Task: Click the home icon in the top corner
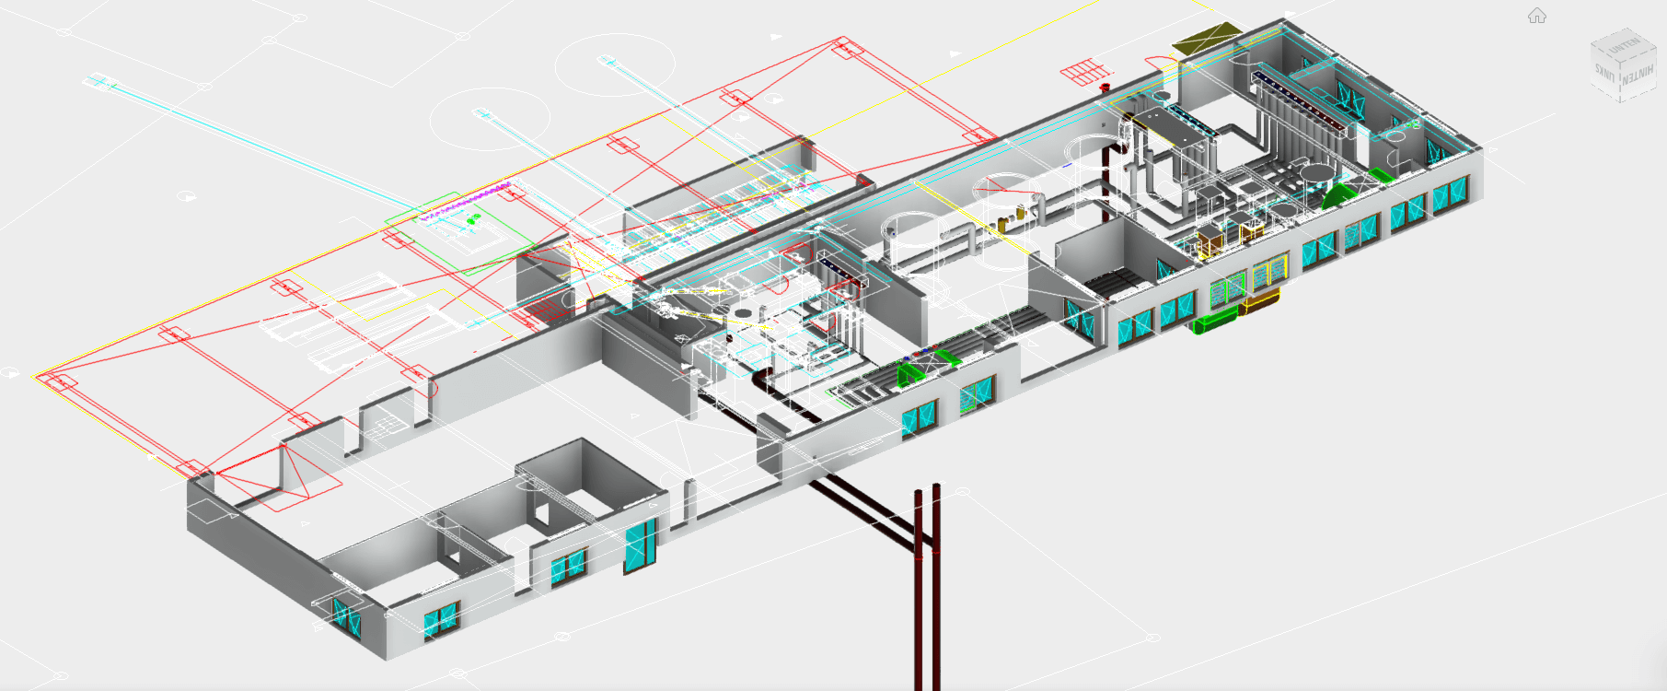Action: pyautogui.click(x=1536, y=16)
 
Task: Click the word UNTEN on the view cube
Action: pyautogui.click(x=1623, y=44)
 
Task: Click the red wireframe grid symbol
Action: pyautogui.click(x=1082, y=71)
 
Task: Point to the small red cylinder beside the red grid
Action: pyautogui.click(x=1105, y=88)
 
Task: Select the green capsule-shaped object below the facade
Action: pyautogui.click(x=1215, y=321)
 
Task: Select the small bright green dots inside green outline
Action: pyautogui.click(x=473, y=220)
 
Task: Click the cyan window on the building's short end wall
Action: pyautogui.click(x=347, y=615)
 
